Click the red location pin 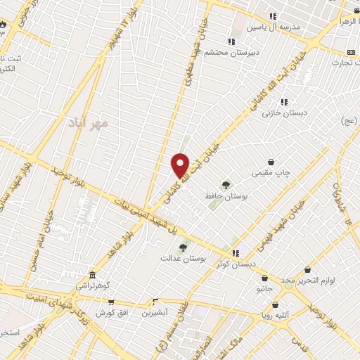click(181, 165)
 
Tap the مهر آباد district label click(89, 123)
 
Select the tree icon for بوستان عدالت click(183, 247)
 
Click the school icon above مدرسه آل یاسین click(273, 16)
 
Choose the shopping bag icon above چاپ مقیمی click(271, 162)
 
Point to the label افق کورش click(111, 311)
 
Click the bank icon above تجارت click(352, 51)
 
